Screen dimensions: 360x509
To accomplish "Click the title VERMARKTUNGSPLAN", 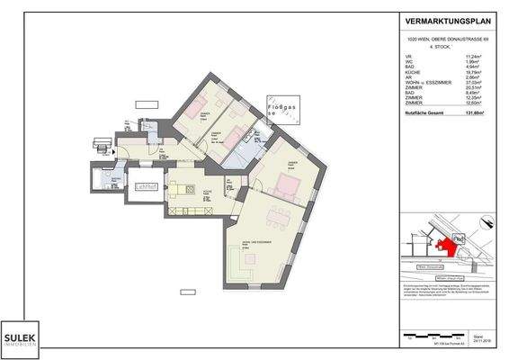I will coord(446,22).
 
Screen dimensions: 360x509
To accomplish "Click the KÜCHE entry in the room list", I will coord(413,71).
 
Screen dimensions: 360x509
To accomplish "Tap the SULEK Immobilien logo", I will coord(18,335).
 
